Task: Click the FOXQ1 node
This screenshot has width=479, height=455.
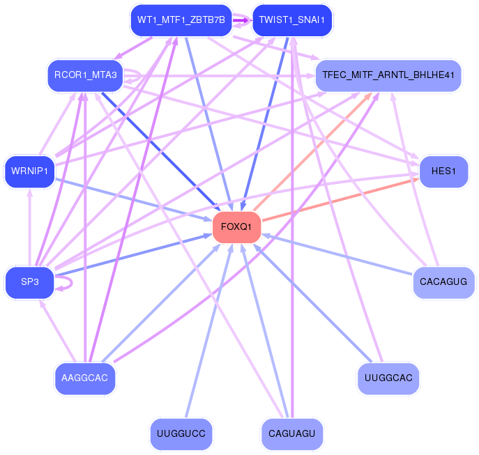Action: coord(237,227)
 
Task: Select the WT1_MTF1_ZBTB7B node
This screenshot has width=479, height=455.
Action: coord(181,20)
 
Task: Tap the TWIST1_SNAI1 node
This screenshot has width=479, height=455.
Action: coord(292,20)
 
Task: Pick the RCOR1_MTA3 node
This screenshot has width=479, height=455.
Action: coord(85,75)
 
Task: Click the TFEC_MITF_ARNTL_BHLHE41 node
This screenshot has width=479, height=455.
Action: coord(388,75)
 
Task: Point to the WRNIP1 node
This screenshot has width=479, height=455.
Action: coord(29,171)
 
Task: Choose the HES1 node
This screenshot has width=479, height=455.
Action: coord(443,171)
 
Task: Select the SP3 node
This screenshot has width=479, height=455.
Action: coord(29,282)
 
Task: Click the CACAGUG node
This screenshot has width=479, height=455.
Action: coord(443,282)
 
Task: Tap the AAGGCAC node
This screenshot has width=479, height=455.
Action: coord(85,378)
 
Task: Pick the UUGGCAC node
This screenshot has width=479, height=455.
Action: coord(388,378)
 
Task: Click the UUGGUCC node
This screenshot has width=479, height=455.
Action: coord(181,433)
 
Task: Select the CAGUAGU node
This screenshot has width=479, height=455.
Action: coord(292,433)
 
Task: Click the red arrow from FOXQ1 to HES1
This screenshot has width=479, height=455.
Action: coord(340,199)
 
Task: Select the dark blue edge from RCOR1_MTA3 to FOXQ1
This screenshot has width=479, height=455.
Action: coord(160,151)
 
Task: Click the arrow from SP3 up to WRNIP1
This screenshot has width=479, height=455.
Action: coord(29,227)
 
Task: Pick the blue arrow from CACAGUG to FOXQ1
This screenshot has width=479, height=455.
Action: coord(337,254)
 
